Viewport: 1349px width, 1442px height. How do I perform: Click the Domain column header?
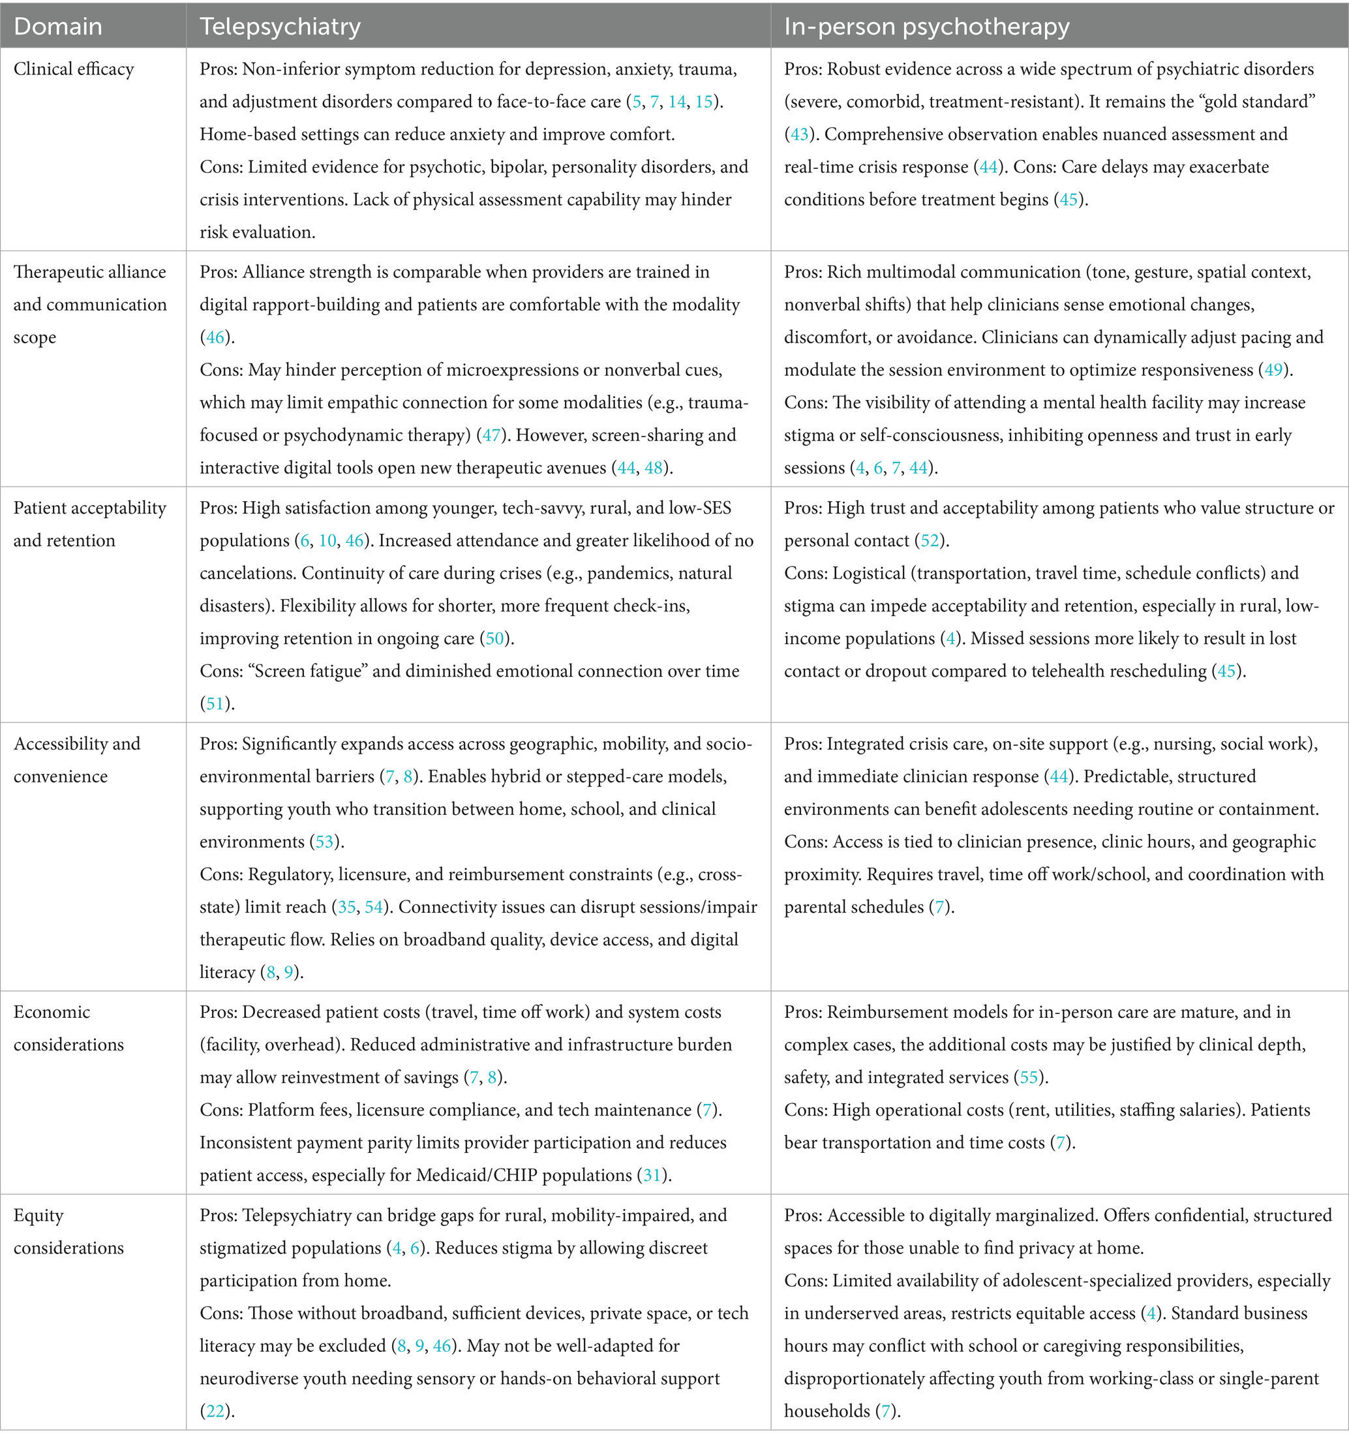58,27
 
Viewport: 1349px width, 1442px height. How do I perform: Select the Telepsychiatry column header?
280,27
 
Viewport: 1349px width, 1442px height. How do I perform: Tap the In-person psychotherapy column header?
926,27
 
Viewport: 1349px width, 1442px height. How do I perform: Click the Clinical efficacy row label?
73,69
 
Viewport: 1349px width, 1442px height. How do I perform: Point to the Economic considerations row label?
68,1028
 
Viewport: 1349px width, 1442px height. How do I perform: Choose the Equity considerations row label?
68,1231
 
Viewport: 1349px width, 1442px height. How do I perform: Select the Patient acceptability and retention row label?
89,524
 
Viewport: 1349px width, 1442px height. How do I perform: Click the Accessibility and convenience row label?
76,759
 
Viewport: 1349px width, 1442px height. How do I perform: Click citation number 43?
798,134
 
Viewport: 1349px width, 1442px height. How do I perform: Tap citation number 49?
1273,370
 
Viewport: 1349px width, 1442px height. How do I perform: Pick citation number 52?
929,540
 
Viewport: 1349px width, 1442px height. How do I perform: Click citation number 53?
324,842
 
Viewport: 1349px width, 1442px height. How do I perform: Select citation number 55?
1029,1077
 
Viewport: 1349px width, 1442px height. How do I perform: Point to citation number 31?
652,1175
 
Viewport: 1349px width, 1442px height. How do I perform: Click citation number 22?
215,1411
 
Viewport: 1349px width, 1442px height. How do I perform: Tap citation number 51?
215,703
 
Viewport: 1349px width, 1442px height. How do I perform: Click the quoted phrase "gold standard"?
1259,102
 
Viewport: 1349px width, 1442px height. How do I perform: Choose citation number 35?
346,907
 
